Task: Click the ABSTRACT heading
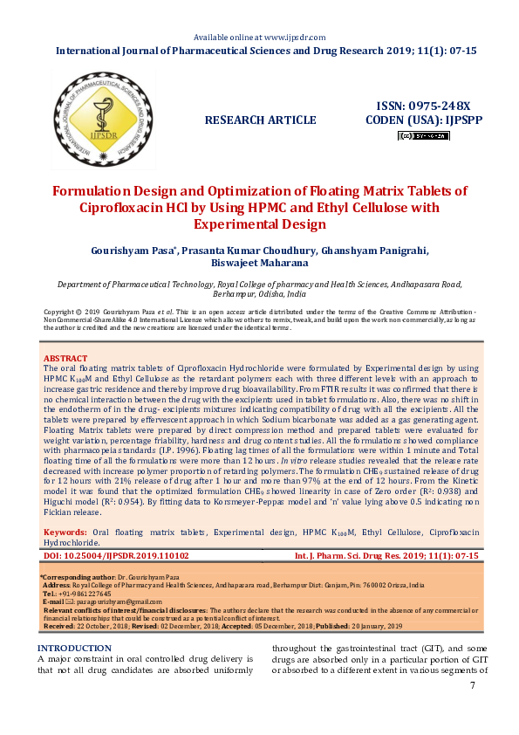(x=65, y=359)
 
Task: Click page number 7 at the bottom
(x=473, y=685)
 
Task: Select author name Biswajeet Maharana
(x=259, y=262)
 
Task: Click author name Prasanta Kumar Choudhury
(x=247, y=250)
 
